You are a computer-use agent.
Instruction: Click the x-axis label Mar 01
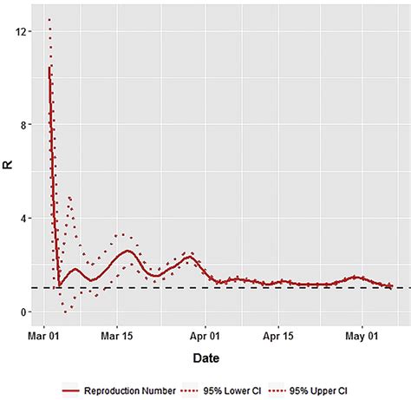[43, 335]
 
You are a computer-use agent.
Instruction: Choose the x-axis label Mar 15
[117, 335]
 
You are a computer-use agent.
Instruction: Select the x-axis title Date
[206, 357]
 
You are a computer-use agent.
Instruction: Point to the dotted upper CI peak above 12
[49, 19]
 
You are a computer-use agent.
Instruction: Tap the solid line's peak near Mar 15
[127, 251]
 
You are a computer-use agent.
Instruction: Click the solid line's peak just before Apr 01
[190, 257]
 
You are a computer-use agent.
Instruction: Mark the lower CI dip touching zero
[65, 310]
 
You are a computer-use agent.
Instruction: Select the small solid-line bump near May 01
[355, 277]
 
